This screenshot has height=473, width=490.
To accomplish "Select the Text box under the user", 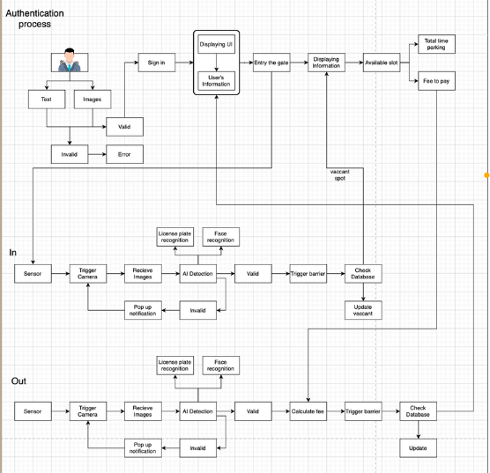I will (x=46, y=100).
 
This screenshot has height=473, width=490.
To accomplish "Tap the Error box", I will (x=124, y=154).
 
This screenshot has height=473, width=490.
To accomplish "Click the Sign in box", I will (x=156, y=63).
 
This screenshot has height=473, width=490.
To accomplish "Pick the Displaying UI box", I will (x=216, y=44).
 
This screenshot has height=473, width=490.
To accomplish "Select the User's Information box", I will (x=216, y=82).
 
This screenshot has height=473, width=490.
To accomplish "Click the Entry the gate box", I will (x=271, y=63).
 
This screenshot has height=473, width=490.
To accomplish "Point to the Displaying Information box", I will (x=326, y=63).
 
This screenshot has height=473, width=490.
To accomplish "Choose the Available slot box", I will (x=382, y=63).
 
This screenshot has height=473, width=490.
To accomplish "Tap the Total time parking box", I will (x=435, y=44).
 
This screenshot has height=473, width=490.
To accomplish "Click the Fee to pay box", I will (x=435, y=81).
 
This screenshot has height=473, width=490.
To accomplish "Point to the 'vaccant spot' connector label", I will (x=339, y=174).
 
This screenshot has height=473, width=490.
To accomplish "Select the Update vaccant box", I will (x=363, y=310).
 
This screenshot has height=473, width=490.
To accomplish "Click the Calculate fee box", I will (x=308, y=411).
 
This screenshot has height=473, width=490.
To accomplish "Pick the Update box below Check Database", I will (x=418, y=448).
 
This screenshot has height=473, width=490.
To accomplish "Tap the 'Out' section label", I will (x=19, y=381).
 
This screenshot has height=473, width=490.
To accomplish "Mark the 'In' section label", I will (x=12, y=253).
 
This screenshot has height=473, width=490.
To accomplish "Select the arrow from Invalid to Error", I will (x=97, y=154).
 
